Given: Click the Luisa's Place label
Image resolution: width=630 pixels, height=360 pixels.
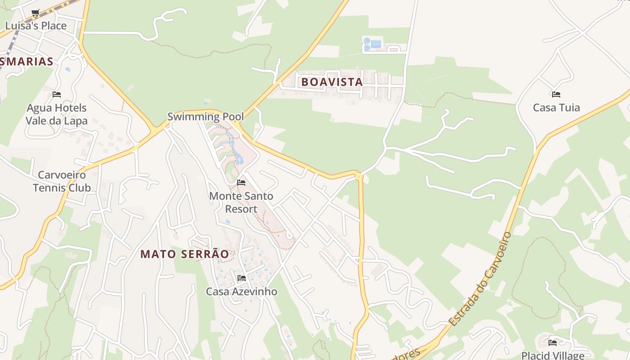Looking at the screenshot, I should click(36, 26).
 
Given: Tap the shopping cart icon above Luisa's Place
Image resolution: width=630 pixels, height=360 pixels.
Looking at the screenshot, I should click(36, 13).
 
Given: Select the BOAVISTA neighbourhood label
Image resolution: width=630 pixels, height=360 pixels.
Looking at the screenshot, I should click(332, 82).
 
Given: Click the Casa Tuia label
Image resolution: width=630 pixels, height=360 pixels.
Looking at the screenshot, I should click(556, 108).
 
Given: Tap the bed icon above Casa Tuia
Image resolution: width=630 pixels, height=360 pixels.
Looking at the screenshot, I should click(556, 94).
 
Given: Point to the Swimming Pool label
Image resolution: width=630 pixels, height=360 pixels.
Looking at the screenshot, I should click(206, 117).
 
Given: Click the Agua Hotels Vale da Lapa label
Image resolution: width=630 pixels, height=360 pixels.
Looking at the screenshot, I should click(57, 114).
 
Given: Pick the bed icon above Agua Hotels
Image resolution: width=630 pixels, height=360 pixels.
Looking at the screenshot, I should click(57, 94).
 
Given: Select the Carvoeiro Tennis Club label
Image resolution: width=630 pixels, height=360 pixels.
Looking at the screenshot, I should click(62, 181).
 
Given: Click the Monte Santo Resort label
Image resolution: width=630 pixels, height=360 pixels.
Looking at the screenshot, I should click(241, 202).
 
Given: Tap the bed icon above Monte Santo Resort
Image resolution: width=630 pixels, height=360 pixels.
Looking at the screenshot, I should click(241, 183).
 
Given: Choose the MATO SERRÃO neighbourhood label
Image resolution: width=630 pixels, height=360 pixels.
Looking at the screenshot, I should click(184, 254).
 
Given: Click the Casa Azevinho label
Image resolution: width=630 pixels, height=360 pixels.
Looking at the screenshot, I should click(242, 292).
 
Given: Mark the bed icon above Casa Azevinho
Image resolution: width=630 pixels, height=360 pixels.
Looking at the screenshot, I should click(242, 278).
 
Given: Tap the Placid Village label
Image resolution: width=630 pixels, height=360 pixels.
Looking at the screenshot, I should click(552, 355).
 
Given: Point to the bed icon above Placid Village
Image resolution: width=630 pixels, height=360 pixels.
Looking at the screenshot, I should click(553, 343).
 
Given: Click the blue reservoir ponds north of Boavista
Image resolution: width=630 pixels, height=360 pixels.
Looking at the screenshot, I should click(373, 44).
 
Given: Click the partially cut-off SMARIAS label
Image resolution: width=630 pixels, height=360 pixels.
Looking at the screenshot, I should click(27, 62).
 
